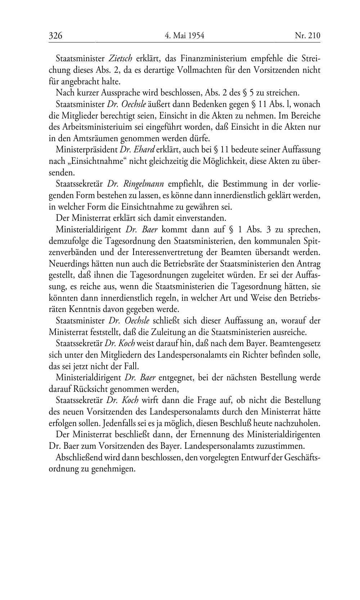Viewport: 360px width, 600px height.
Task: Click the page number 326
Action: click(56, 35)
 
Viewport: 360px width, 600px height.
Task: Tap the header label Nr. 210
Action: click(307, 35)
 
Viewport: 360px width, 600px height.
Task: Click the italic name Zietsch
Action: click(120, 58)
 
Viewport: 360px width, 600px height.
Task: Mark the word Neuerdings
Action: click(67, 264)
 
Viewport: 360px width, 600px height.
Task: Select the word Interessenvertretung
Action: click(172, 252)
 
